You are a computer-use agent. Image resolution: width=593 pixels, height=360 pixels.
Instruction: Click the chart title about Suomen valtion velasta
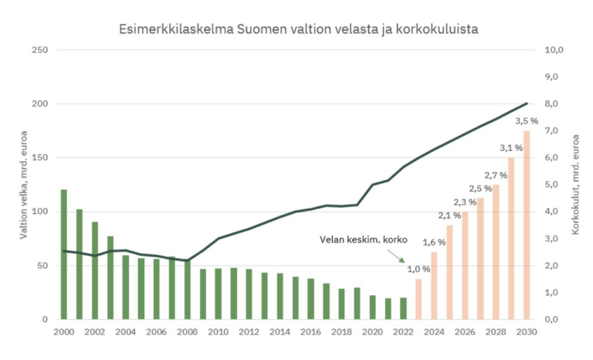tap(297, 29)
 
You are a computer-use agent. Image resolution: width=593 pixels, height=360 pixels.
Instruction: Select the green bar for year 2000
tap(63, 254)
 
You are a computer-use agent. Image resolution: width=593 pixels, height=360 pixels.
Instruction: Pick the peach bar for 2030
tap(527, 225)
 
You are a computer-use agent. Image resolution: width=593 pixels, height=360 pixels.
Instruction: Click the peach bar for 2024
tap(434, 286)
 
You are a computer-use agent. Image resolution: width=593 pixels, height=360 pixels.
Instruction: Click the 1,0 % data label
tap(418, 269)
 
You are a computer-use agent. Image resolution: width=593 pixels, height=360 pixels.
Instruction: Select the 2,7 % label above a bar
tap(496, 175)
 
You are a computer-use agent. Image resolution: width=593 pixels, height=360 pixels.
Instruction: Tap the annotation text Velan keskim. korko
tap(363, 239)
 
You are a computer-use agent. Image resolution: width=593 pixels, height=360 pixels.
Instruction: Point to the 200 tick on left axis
tap(39, 104)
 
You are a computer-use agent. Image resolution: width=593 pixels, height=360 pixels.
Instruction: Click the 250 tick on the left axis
tap(39, 50)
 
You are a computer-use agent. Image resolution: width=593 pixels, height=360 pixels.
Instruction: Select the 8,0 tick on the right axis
tap(554, 104)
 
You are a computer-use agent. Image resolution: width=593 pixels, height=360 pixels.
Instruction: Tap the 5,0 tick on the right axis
tap(554, 185)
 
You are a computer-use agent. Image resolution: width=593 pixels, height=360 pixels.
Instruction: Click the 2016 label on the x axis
tap(310, 332)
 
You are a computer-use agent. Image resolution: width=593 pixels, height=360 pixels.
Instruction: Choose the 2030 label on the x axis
tap(527, 332)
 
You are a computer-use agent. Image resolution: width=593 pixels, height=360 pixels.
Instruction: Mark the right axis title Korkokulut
tap(576, 185)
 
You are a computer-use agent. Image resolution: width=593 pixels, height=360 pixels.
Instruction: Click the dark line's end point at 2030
tap(527, 104)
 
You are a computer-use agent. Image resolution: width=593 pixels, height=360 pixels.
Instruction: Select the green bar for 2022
tap(403, 308)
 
